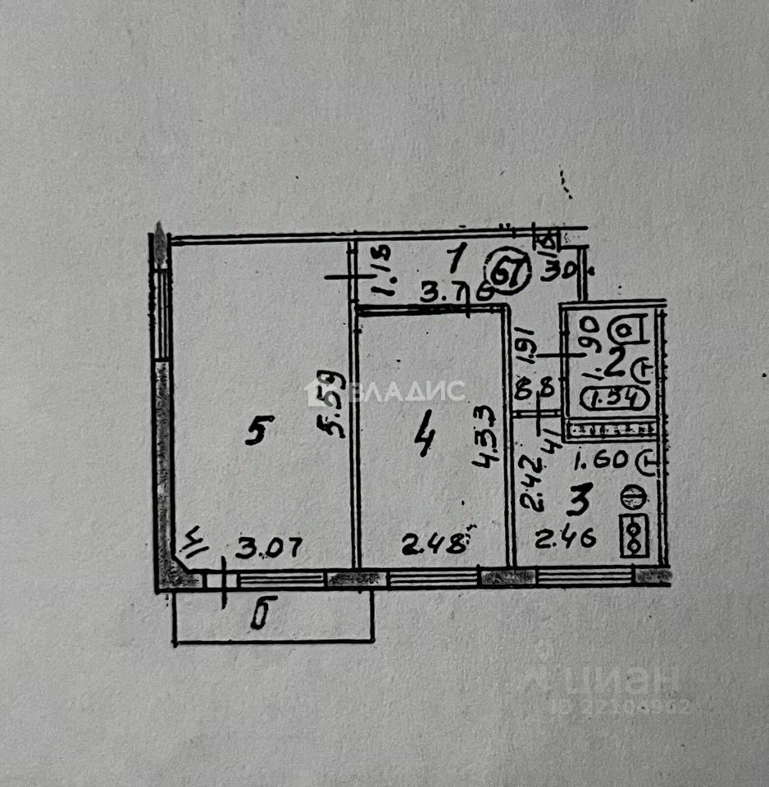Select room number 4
coord(425,443)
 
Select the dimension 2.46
coord(565,539)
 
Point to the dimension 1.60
coord(600,461)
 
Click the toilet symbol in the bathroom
coord(627,329)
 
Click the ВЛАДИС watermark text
coord(407,392)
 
